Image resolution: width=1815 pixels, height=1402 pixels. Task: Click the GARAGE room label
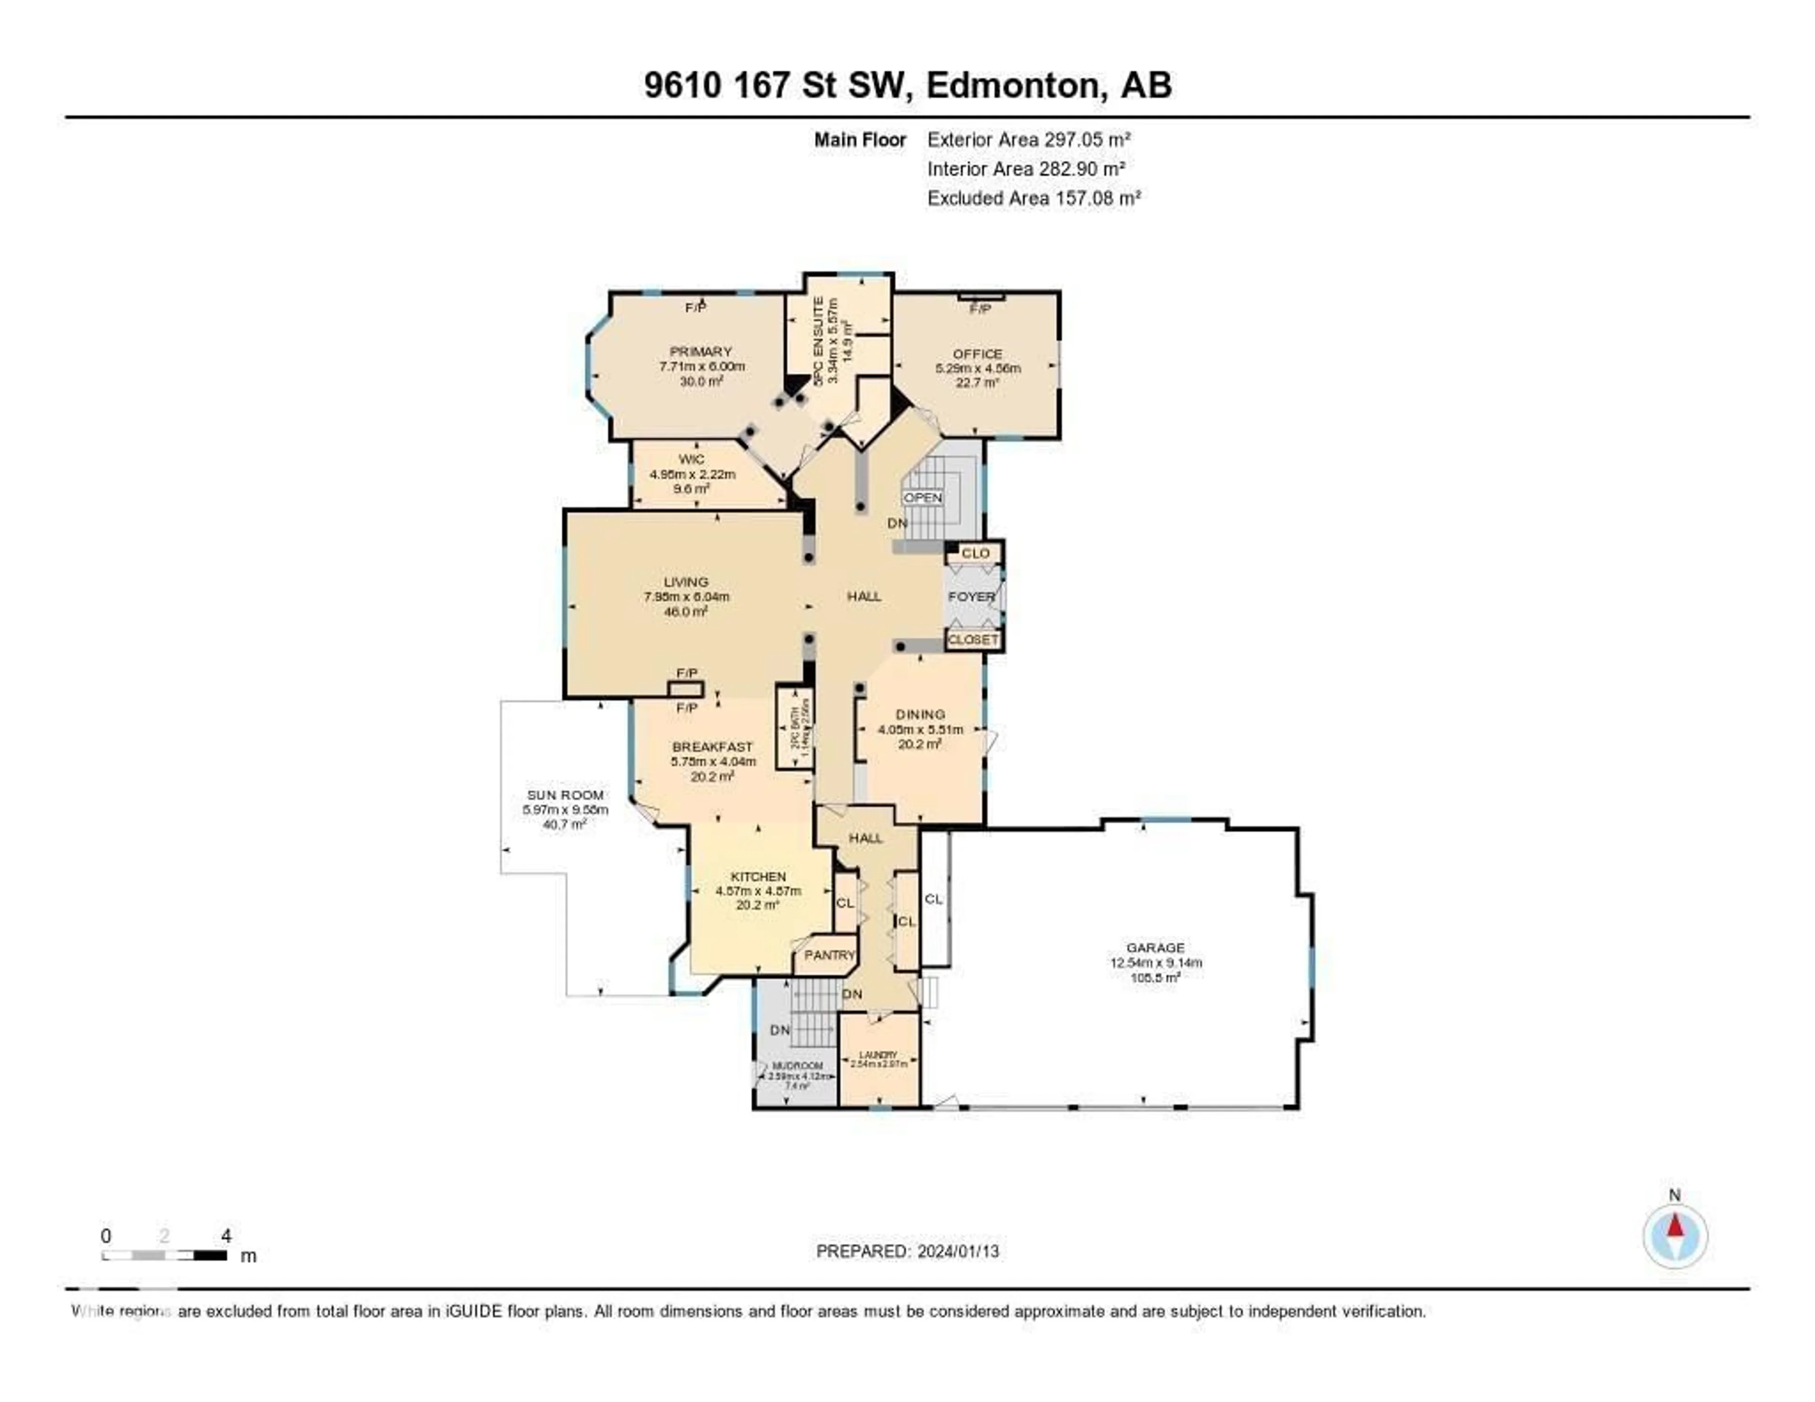tap(1155, 947)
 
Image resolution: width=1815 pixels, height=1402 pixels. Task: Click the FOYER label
tap(971, 597)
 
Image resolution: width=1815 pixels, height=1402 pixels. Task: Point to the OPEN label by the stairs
tap(923, 498)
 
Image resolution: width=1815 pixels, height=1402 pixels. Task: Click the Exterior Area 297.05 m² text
tap(1029, 139)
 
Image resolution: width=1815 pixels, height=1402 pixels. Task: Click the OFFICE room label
tap(978, 354)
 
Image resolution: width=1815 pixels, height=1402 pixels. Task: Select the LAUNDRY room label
tap(878, 1055)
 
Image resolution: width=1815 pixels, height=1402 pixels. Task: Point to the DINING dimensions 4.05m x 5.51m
tap(920, 730)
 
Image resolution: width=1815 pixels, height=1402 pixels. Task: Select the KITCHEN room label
tap(758, 877)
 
